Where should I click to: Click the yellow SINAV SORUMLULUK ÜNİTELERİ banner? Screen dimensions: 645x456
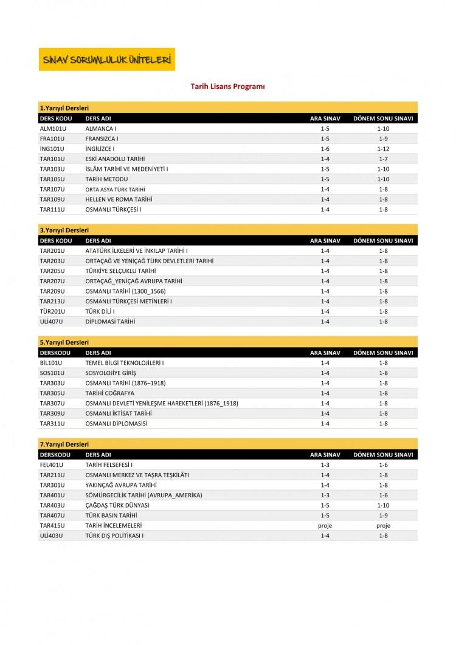[x=106, y=60]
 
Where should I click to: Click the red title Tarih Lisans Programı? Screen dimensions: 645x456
[x=227, y=87]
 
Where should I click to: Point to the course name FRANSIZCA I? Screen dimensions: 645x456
[x=102, y=139]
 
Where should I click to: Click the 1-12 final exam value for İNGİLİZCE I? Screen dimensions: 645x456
[x=382, y=149]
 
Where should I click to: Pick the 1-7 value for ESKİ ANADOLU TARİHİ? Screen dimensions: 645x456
[x=382, y=159]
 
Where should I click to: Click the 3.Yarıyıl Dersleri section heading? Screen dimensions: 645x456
[x=64, y=230]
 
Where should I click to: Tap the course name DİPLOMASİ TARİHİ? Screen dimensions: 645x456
[x=110, y=322]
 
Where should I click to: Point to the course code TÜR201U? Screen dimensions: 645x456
[x=52, y=311]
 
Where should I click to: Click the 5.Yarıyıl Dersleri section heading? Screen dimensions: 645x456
[x=64, y=342]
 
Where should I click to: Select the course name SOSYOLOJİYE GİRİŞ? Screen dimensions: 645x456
[x=111, y=373]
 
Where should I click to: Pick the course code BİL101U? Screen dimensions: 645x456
[x=50, y=363]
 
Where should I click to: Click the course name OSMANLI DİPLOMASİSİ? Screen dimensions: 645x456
[x=116, y=424]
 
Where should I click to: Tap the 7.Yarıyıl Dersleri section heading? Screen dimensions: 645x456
[x=64, y=444]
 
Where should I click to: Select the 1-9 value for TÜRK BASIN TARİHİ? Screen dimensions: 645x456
[x=382, y=516]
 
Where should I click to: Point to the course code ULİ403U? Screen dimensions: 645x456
[x=51, y=536]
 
